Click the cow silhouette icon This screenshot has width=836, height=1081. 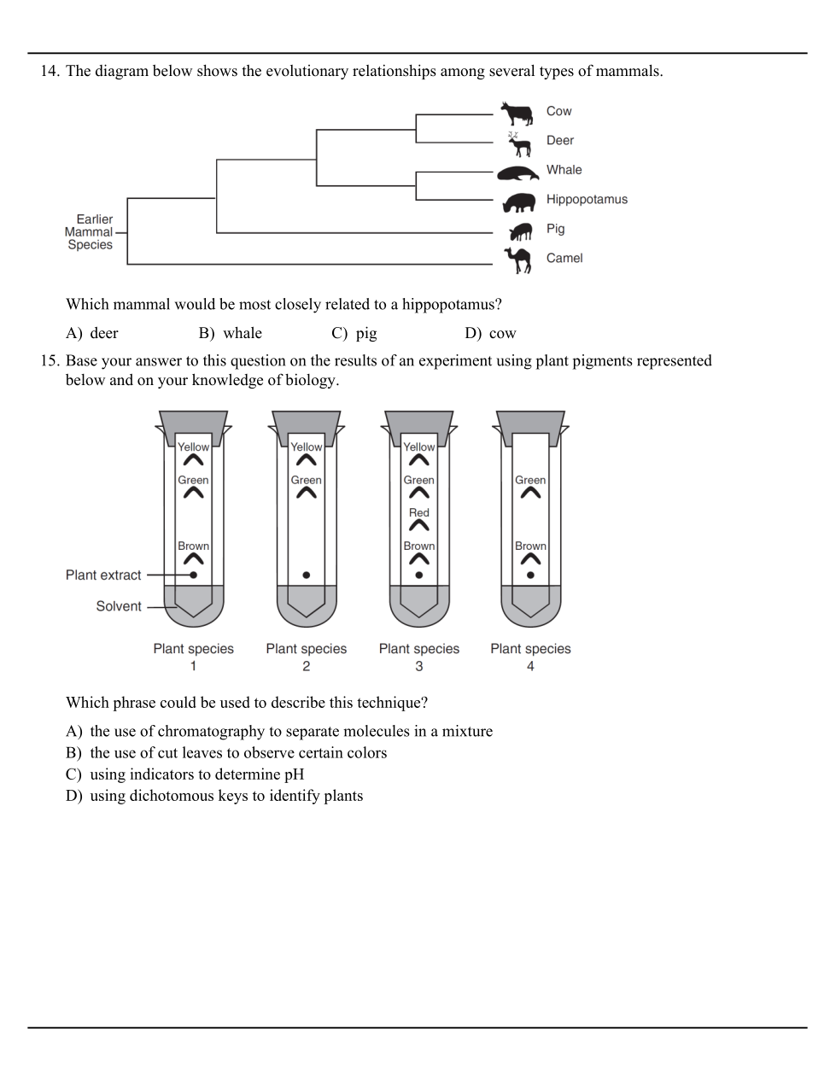(517, 112)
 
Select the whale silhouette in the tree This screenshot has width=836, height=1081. (517, 172)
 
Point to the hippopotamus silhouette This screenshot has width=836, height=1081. (518, 202)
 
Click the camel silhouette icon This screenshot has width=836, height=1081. (518, 260)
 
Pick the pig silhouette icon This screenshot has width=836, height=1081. (520, 231)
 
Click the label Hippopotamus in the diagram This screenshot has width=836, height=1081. (587, 200)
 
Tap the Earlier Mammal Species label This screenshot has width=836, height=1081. (90, 232)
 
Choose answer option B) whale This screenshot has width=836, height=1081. (231, 334)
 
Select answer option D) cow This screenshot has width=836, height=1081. (491, 334)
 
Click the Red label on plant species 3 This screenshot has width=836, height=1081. (419, 513)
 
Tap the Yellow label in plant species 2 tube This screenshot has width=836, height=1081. (307, 447)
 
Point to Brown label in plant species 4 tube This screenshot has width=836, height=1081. (530, 546)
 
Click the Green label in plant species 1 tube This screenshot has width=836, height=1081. (194, 480)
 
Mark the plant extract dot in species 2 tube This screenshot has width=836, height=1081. (307, 576)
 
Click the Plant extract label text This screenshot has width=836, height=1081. (103, 576)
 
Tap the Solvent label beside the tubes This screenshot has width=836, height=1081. (119, 606)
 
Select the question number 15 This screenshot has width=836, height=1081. (50, 361)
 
